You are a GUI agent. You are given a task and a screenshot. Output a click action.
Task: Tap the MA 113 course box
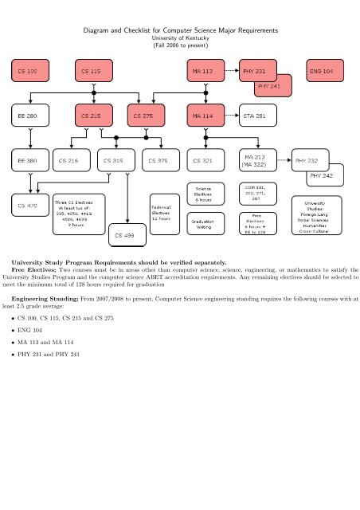[x=205, y=71]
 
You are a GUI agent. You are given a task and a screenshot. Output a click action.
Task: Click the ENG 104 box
[x=326, y=71]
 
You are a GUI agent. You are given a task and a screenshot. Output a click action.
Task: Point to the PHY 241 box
[x=273, y=86]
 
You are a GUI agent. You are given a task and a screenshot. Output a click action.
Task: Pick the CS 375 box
[x=161, y=160]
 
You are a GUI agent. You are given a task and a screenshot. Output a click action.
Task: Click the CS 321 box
[x=205, y=160]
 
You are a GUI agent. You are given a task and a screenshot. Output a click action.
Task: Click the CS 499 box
[x=127, y=236]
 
